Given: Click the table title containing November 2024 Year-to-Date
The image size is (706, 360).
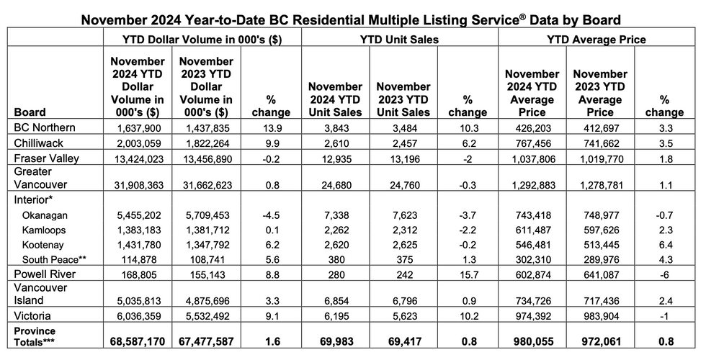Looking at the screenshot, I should pyautogui.click(x=352, y=17).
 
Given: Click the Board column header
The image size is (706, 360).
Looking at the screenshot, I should pyautogui.click(x=30, y=112).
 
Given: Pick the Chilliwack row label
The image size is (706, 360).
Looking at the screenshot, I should pyautogui.click(x=36, y=143).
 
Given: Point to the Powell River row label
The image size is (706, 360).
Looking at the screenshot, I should pyautogui.click(x=43, y=274).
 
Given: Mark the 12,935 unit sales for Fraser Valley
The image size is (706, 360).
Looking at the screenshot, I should pyautogui.click(x=334, y=158).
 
